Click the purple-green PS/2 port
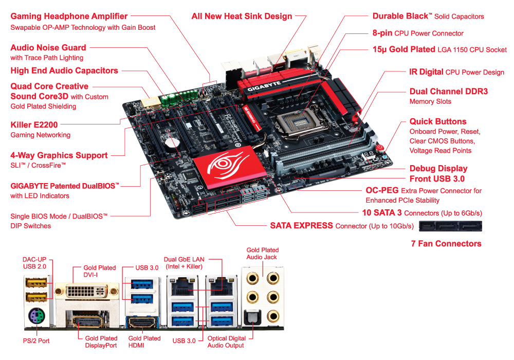(36, 317)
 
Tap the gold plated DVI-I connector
(86, 291)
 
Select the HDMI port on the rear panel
(142, 322)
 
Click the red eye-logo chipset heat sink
(229, 167)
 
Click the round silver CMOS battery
(172, 143)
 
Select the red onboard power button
(380, 148)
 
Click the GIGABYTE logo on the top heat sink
(264, 86)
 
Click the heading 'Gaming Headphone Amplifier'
(69, 16)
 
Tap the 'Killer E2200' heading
(34, 125)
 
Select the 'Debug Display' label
(438, 169)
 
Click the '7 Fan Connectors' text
(446, 244)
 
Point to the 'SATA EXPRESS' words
(301, 226)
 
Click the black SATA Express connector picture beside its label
(450, 226)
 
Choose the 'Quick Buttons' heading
(438, 122)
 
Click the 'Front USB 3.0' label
(437, 178)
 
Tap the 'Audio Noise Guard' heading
(48, 48)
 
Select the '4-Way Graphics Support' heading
(59, 155)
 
